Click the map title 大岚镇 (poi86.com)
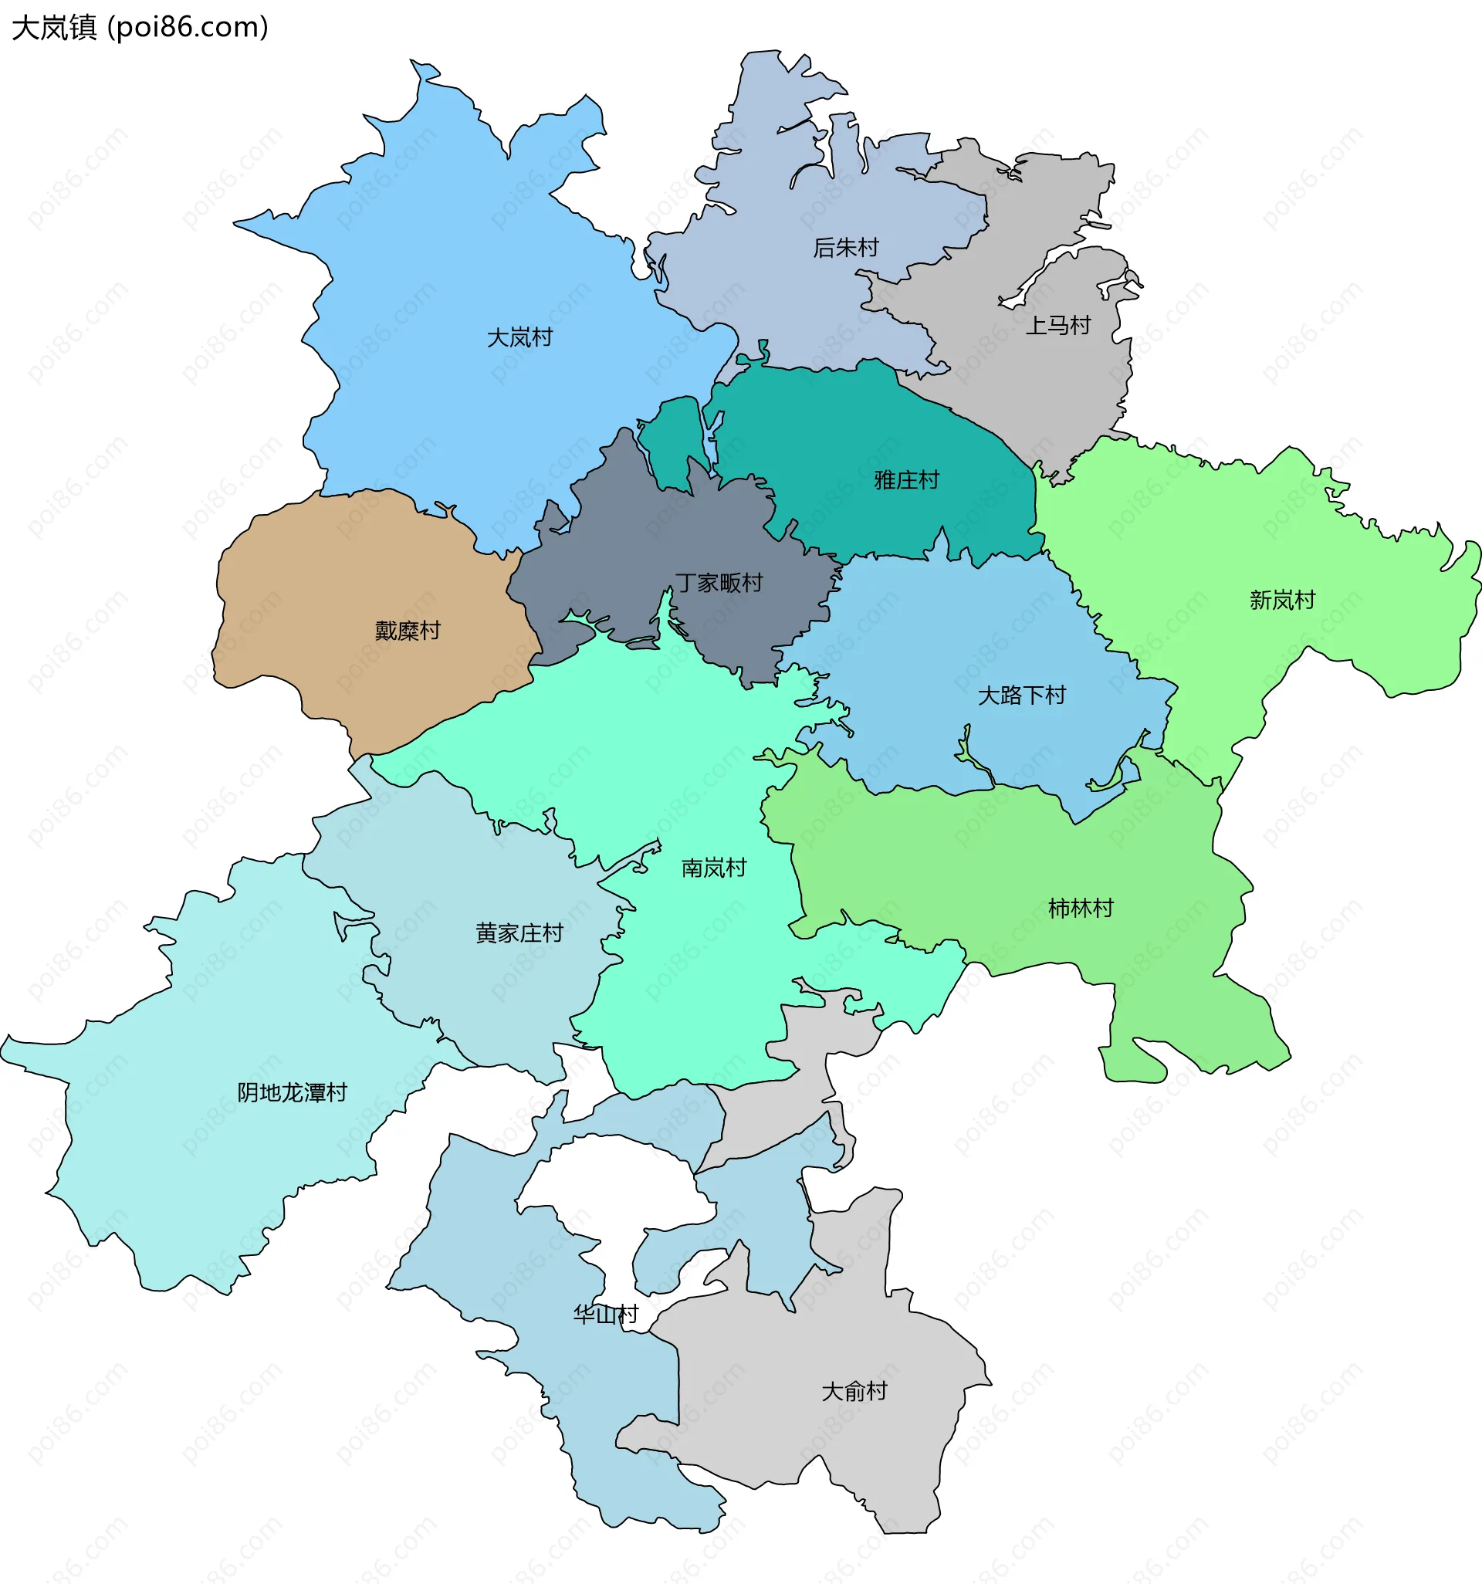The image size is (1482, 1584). (140, 27)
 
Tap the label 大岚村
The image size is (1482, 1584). (519, 338)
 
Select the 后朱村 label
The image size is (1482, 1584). (845, 248)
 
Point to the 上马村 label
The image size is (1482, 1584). (1057, 325)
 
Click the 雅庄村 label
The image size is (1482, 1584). (907, 479)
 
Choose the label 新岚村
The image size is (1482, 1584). (1282, 600)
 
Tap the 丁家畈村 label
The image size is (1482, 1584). (719, 583)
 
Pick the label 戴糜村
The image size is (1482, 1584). (407, 630)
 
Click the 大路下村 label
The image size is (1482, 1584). (1021, 696)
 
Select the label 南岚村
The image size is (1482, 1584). (714, 868)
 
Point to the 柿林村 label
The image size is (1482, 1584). (1081, 909)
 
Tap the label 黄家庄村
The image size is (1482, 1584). (519, 932)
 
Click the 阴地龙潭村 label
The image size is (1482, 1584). (293, 1092)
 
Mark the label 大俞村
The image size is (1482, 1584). (854, 1391)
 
